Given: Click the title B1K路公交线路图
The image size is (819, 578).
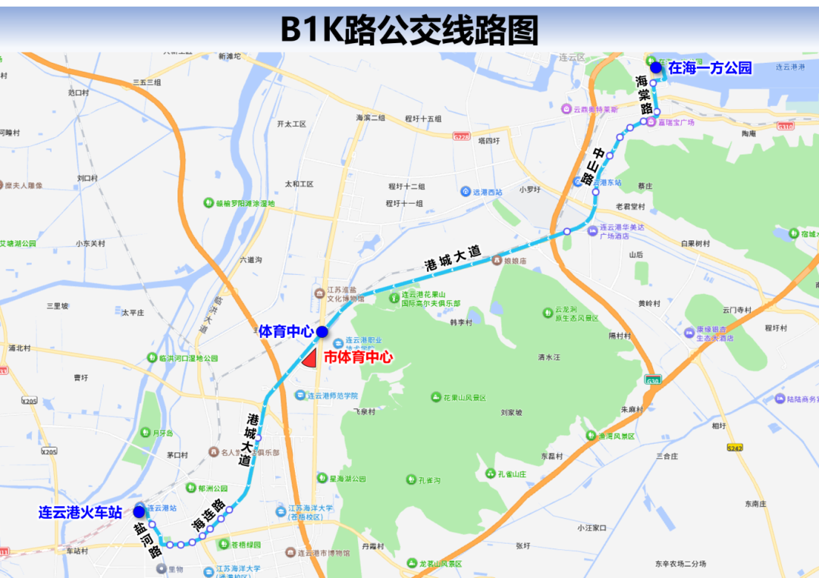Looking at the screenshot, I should (x=409, y=30).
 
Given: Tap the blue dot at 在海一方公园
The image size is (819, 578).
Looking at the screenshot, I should (x=655, y=67).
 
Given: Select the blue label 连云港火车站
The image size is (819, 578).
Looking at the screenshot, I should (x=80, y=513).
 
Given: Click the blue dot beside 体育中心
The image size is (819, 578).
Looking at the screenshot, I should (x=322, y=331).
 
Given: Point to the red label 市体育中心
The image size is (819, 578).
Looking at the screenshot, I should (x=358, y=357).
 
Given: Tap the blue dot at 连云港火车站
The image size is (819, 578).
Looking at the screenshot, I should (x=139, y=511).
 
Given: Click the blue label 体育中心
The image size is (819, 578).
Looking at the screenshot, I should (x=287, y=331).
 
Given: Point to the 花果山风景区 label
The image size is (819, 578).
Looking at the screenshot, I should (x=464, y=398).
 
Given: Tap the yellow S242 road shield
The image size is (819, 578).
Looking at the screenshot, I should (x=734, y=448).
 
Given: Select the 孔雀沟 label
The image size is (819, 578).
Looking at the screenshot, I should (x=429, y=480).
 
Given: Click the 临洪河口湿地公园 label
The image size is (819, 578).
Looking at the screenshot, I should (x=193, y=358).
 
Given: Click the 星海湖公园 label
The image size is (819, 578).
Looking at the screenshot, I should (x=347, y=479).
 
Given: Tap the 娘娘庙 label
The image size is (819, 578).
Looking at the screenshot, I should (x=516, y=261).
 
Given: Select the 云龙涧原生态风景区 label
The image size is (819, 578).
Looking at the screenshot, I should (x=576, y=314).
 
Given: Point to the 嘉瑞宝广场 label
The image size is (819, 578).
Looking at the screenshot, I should (x=676, y=122).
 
